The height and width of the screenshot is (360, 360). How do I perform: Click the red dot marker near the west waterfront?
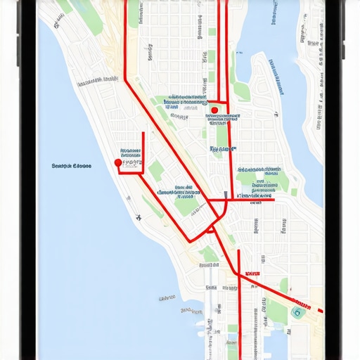pos(117,162)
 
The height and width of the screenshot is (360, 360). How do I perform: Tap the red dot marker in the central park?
pos(214,110)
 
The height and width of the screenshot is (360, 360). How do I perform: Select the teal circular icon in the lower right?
pos(297,312)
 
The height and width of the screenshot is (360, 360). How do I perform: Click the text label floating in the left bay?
pos(72,167)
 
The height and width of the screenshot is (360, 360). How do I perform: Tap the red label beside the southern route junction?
pos(252,273)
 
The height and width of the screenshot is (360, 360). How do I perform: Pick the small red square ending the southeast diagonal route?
pos(321,310)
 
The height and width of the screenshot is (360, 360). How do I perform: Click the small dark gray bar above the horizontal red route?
pos(225,195)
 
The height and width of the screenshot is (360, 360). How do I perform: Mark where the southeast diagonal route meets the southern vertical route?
pos(239,276)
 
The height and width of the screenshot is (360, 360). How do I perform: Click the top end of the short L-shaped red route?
pos(143,133)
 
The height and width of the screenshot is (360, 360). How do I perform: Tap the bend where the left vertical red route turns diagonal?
pos(126,79)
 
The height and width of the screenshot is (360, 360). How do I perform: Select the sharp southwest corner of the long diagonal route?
pos(188,242)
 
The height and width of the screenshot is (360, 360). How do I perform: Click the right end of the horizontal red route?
pos(273,200)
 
